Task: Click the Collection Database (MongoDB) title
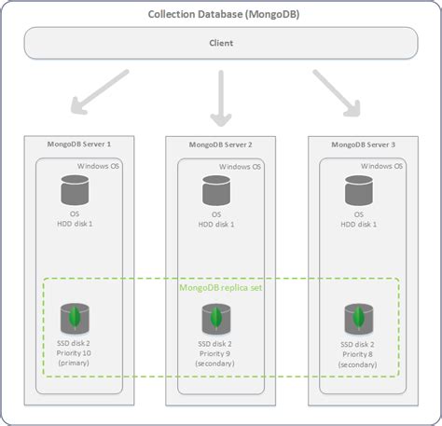220,15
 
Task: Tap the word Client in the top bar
220,42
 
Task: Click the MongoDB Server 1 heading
78,144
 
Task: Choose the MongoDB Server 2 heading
221,144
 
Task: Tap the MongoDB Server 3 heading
363,144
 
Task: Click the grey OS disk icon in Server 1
75,192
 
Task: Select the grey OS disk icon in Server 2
216,192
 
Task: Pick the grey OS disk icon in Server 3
359,192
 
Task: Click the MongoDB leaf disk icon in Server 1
75,318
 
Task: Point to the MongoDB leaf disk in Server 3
359,318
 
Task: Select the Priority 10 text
76,353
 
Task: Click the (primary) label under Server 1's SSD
76,364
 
